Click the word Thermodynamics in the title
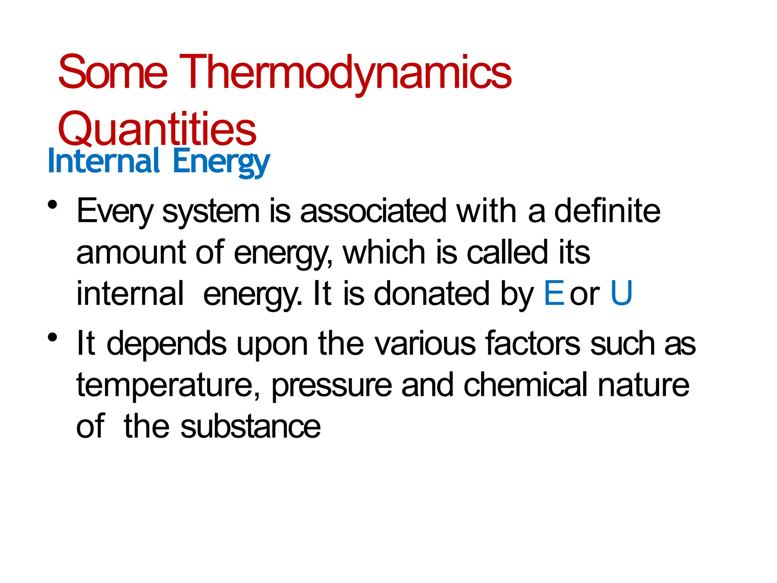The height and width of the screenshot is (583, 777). (345, 73)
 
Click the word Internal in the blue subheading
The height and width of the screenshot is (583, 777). (104, 161)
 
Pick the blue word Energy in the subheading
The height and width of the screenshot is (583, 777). (221, 162)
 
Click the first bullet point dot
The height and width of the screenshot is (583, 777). (53, 205)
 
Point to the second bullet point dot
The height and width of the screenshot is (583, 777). (53, 337)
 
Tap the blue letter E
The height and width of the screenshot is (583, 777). (554, 293)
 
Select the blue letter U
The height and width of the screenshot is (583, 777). (621, 293)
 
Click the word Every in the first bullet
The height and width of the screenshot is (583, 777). (115, 212)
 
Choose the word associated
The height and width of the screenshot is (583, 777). (373, 211)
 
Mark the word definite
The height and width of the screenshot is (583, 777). (607, 211)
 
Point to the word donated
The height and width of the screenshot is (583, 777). (431, 293)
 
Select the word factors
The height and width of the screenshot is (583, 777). (533, 343)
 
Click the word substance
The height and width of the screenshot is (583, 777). (250, 427)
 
